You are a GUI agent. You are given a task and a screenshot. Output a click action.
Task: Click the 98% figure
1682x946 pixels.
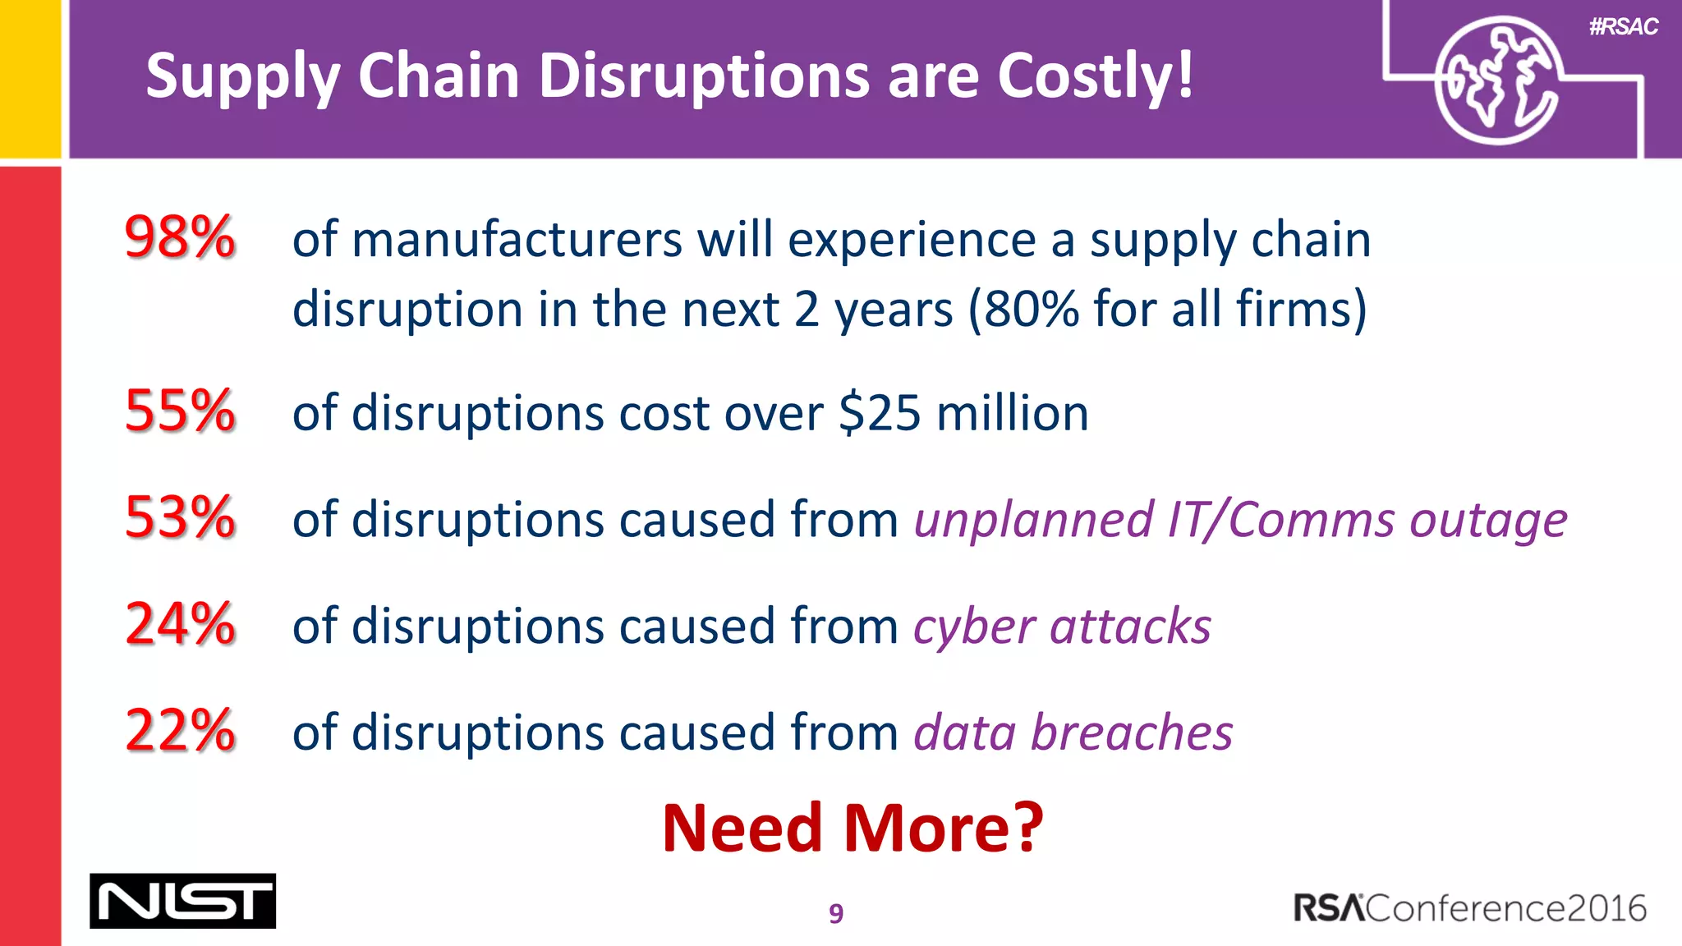click(x=180, y=238)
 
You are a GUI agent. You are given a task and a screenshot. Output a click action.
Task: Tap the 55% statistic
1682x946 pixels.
click(x=180, y=411)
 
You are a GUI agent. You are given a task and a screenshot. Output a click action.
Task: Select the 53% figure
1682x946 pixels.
click(x=180, y=518)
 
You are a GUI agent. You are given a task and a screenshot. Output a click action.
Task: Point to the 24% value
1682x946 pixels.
click(x=180, y=624)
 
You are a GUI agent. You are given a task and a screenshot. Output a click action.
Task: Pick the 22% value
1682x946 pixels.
click(x=180, y=731)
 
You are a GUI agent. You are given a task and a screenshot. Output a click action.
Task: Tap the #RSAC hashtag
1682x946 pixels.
click(x=1623, y=27)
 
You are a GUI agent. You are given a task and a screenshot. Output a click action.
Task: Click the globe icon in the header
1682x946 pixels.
click(x=1497, y=80)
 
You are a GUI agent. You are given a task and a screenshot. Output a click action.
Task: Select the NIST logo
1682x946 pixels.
click(x=182, y=901)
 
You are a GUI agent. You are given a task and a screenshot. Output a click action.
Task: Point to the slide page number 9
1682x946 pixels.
click(x=836, y=913)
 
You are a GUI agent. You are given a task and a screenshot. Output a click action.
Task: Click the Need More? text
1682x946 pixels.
click(x=852, y=828)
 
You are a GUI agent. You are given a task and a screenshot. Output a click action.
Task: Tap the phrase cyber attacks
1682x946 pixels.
click(x=1062, y=627)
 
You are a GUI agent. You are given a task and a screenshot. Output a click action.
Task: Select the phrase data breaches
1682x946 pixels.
click(x=1073, y=732)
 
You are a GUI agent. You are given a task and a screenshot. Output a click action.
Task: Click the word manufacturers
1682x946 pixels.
click(x=517, y=240)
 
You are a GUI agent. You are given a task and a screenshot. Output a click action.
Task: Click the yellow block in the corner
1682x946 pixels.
click(x=30, y=78)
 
